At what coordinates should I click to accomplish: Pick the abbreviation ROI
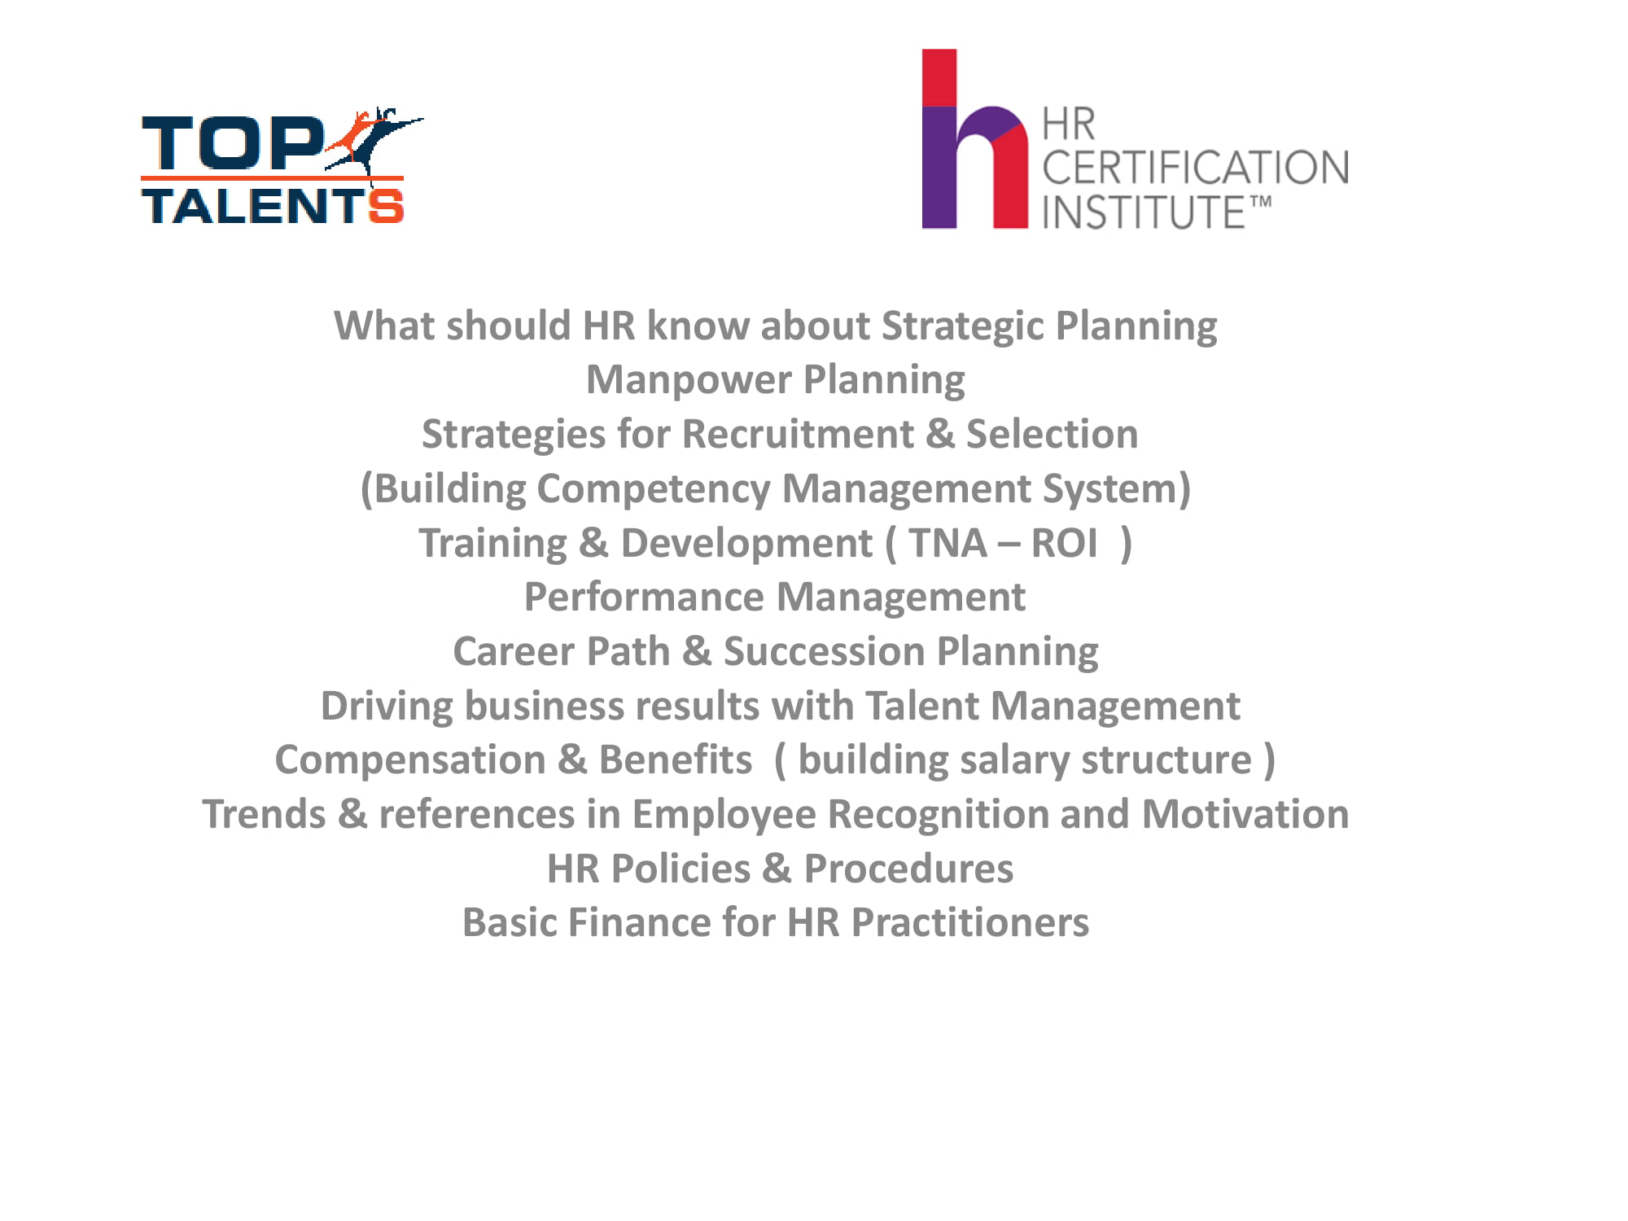pyautogui.click(x=1064, y=543)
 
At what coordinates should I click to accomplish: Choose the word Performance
pyautogui.click(x=644, y=597)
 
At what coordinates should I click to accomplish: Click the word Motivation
pyautogui.click(x=1245, y=814)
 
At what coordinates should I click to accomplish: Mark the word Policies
pyautogui.click(x=681, y=869)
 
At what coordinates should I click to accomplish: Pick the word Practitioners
pyautogui.click(x=969, y=923)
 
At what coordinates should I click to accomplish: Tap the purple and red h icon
pyautogui.click(x=974, y=138)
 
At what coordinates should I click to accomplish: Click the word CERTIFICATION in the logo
pyautogui.click(x=1195, y=168)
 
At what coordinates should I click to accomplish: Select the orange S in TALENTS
pyautogui.click(x=385, y=205)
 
